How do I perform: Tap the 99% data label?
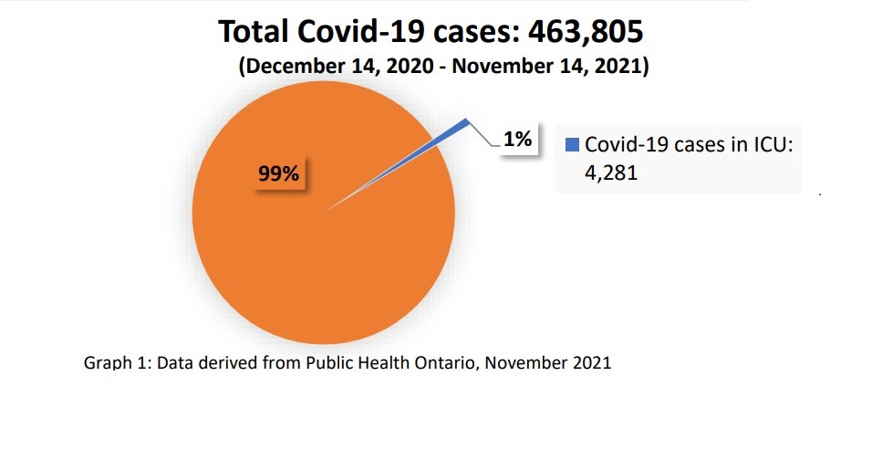[x=278, y=173]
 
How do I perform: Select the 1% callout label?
[x=516, y=140]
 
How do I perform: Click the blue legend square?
[x=572, y=145]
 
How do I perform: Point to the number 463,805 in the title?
[x=585, y=32]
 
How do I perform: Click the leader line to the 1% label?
[x=483, y=135]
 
